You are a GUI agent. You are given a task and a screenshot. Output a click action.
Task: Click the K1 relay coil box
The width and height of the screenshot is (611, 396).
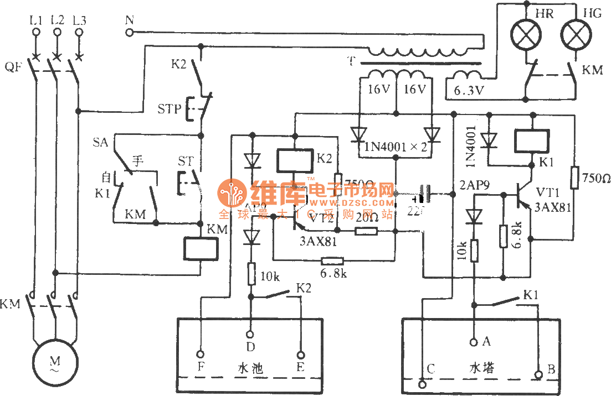(x=532, y=141)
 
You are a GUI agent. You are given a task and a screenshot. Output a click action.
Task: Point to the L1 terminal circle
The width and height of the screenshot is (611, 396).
(x=37, y=33)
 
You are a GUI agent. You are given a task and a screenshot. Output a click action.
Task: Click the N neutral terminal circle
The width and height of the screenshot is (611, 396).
(x=130, y=33)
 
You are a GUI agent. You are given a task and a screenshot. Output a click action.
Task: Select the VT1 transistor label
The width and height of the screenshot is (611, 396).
(x=549, y=192)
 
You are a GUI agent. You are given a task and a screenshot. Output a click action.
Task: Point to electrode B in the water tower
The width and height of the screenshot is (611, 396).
(x=538, y=375)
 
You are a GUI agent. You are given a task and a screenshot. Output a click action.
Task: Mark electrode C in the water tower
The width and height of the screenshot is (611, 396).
(x=424, y=382)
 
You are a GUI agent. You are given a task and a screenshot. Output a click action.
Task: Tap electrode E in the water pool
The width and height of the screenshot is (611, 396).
(x=302, y=355)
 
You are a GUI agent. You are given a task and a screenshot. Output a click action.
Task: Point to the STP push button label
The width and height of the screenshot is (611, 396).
(x=169, y=108)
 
